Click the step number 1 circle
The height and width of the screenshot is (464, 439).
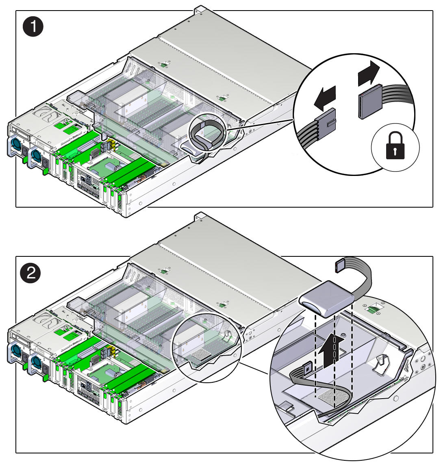click(x=33, y=27)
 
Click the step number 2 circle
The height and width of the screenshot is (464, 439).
click(x=30, y=273)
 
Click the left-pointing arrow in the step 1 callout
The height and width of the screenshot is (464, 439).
click(x=325, y=98)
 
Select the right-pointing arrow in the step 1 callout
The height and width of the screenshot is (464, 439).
click(x=369, y=74)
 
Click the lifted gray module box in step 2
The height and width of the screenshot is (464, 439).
click(x=326, y=298)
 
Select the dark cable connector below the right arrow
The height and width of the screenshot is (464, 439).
click(x=369, y=102)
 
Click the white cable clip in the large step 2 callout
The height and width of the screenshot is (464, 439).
click(x=382, y=364)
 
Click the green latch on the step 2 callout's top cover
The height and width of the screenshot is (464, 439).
click(x=374, y=309)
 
